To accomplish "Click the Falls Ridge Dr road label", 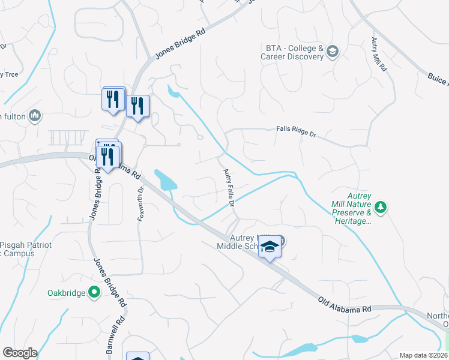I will tap(296, 131).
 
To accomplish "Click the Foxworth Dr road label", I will tap(140, 204).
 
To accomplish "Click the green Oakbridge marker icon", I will tap(94, 293).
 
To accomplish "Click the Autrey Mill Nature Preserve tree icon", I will tap(380, 208).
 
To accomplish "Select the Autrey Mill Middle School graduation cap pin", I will tap(270, 247).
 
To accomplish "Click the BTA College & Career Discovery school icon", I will tap(333, 52).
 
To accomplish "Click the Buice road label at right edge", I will tap(438, 78).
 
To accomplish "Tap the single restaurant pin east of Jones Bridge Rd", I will tap(137, 106).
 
